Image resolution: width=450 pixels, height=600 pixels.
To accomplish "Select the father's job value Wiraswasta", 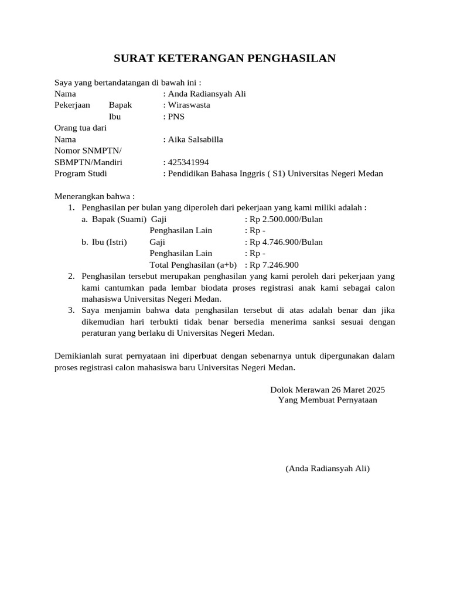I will pos(189,105).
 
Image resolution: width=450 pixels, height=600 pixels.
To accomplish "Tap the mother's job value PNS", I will pos(176,117).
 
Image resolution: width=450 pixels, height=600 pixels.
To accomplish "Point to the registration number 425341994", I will pos(188,162).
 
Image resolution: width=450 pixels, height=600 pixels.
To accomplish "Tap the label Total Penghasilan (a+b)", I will pos(193,265).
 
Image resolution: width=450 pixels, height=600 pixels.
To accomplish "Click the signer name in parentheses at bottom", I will pos(328,469).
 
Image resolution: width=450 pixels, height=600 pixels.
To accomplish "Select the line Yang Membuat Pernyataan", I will pos(328,401).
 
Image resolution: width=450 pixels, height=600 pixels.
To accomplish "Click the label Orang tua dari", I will pos(80,128).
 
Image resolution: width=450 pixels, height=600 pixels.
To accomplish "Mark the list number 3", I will pos(71,311).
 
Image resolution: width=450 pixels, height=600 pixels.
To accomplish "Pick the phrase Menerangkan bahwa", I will pos(93,196).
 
